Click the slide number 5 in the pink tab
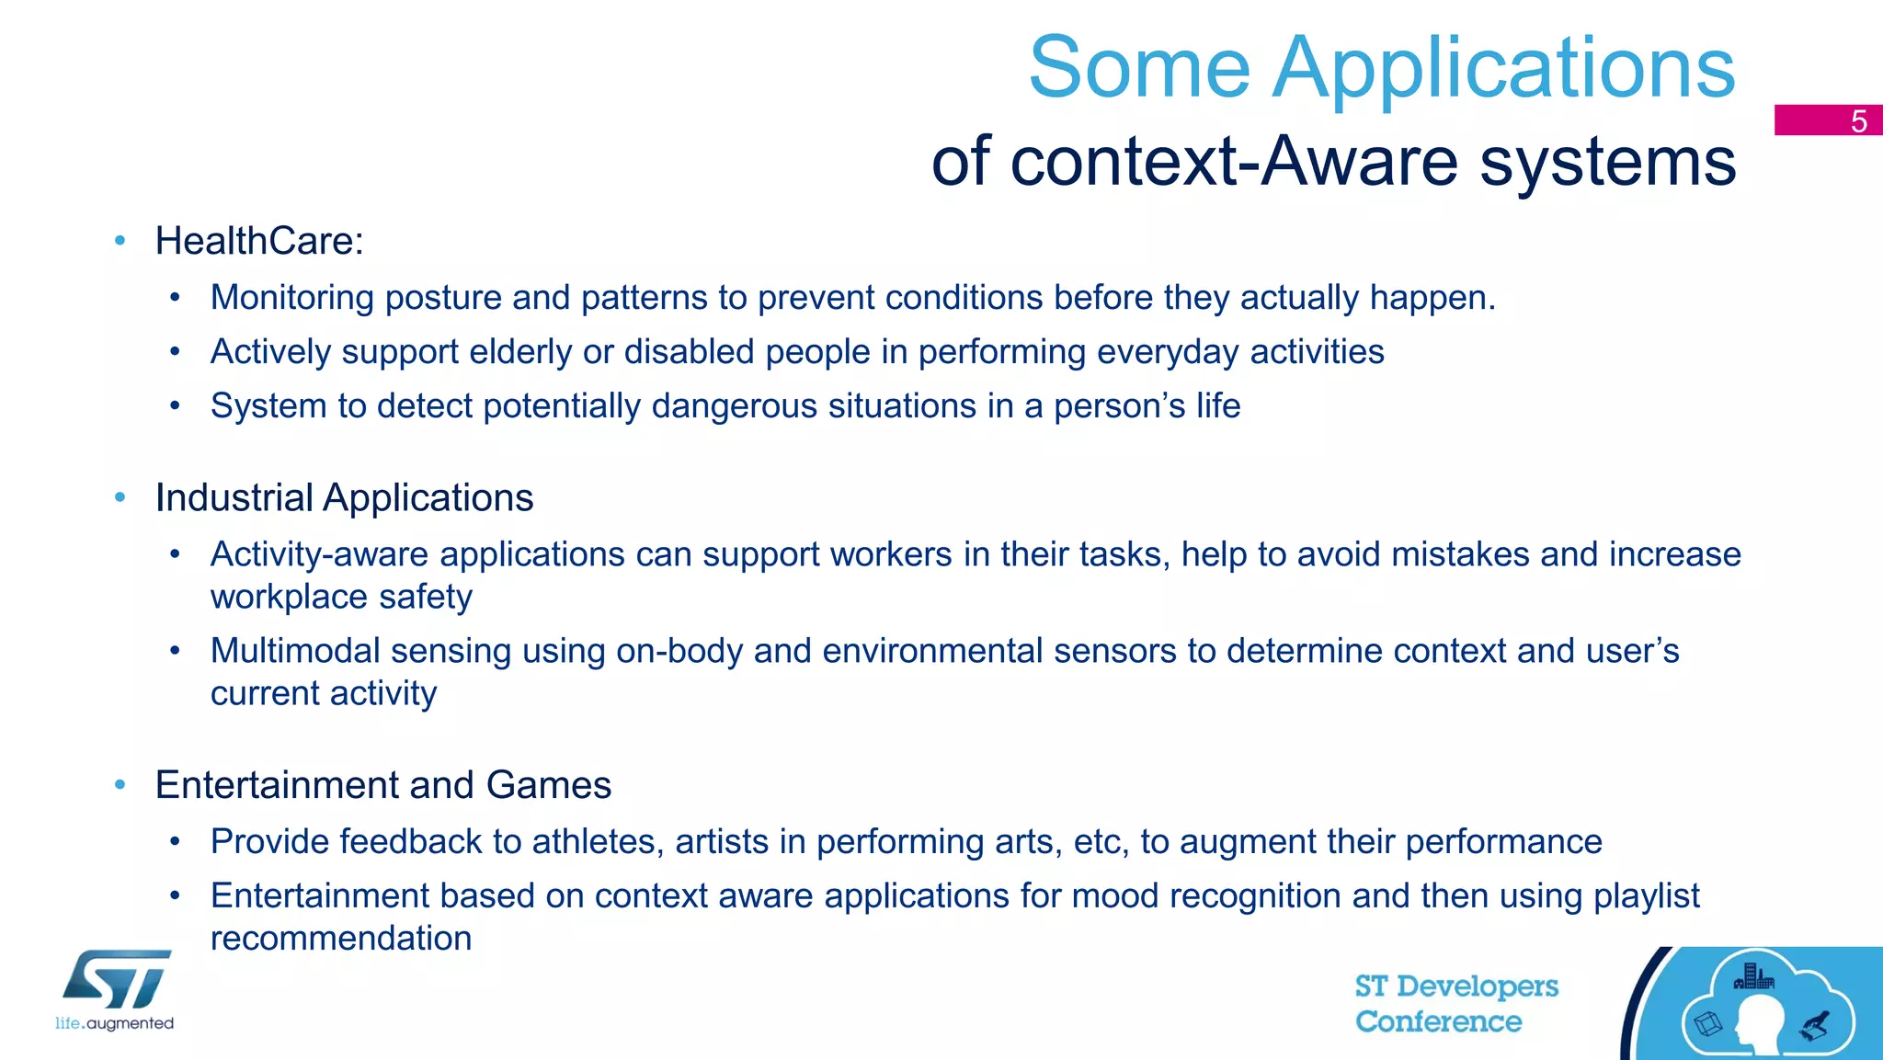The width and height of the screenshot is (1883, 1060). [1858, 121]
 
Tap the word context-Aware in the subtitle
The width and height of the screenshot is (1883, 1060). [1234, 162]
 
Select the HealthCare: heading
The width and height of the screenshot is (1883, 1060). [259, 241]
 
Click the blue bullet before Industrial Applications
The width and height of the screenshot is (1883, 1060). [120, 497]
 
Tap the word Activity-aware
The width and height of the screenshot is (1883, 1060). [319, 554]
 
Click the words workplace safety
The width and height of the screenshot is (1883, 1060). [341, 598]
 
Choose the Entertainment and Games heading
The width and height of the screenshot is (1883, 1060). [382, 785]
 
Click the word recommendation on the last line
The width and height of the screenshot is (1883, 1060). [341, 939]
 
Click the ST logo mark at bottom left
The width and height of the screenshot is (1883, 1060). [117, 979]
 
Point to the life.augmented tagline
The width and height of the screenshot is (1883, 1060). [114, 1023]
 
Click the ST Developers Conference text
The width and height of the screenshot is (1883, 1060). [1455, 1004]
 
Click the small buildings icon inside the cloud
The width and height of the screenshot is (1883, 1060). [1752, 976]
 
